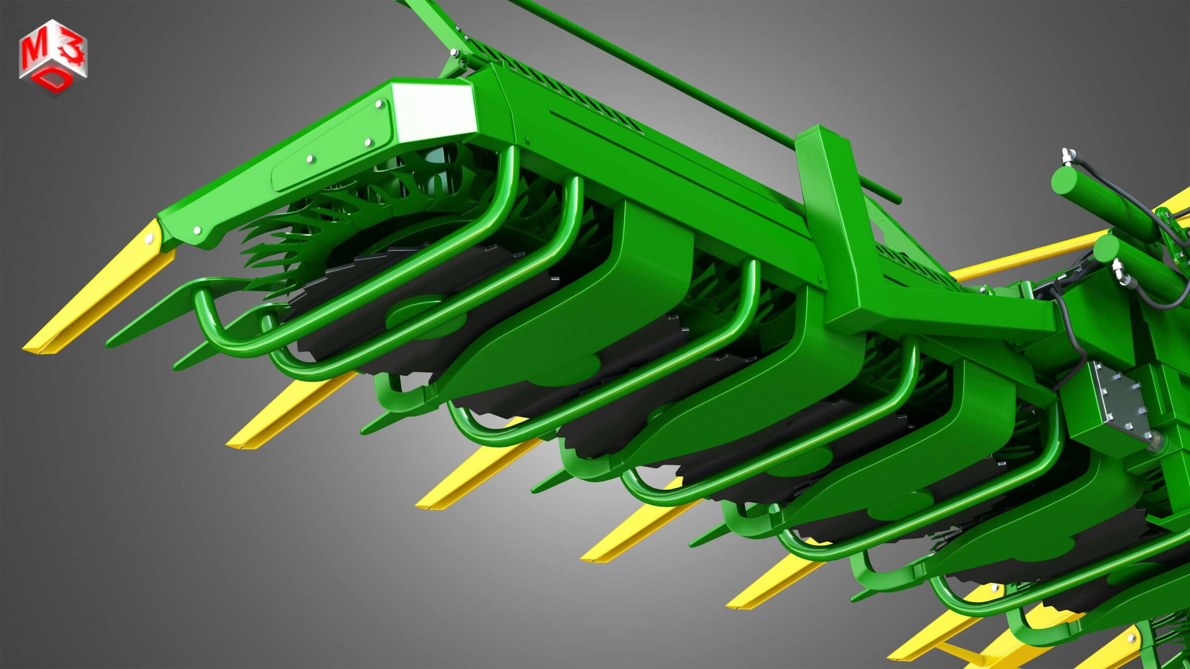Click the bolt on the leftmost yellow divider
point(148,240)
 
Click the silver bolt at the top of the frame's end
point(454,53)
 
